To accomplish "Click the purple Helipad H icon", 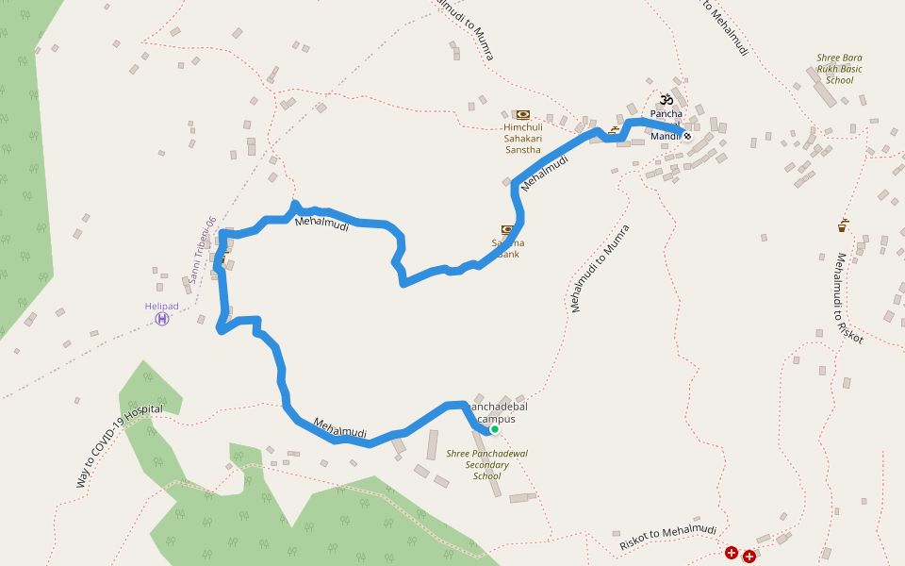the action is pos(162,319).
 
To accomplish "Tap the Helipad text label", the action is pos(162,306).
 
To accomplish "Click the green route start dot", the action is pos(494,429).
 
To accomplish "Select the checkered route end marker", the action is pos(687,136).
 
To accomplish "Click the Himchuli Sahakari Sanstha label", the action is pos(522,138).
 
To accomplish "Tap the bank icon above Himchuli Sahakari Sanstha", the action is pos(522,115).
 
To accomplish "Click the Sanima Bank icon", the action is pos(508,229).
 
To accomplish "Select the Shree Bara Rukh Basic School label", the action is pos(839,69).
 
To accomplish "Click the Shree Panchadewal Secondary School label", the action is pos(486,464).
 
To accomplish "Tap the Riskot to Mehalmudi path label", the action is pos(667,539).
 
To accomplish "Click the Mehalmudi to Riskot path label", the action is pos(848,297).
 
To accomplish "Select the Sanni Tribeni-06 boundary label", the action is pos(202,250).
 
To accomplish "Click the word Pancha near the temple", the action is pos(666,114).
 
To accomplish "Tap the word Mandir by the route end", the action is pos(666,137).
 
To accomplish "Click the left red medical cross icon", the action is pos(732,553).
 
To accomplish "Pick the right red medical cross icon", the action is pos(749,557).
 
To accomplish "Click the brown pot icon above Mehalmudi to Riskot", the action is pos(842,225).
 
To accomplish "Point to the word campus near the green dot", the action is pos(497,418).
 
